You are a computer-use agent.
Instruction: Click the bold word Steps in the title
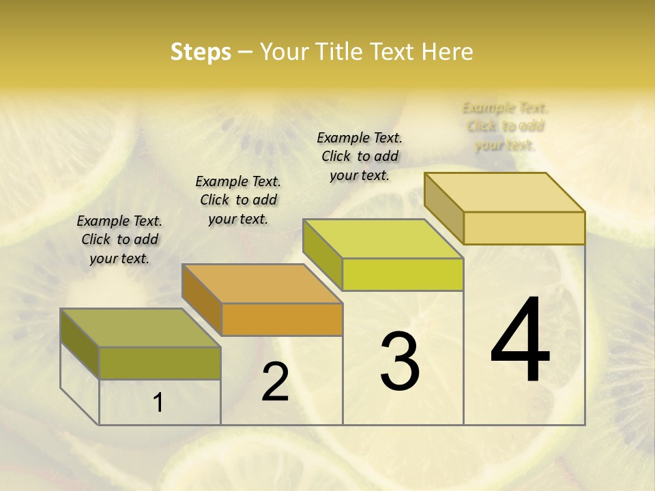coord(201,52)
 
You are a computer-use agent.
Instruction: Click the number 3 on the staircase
coord(400,361)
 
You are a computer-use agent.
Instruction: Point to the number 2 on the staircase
coord(275,382)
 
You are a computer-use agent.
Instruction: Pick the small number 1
coord(158,403)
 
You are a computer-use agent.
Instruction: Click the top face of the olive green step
coord(140,328)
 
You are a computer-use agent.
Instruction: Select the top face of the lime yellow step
coord(383,239)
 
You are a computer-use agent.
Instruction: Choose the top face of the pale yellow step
coord(504,192)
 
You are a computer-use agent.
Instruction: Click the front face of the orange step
coord(282,319)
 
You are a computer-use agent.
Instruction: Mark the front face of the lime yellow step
coord(403,274)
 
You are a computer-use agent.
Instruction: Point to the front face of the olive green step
coord(160,363)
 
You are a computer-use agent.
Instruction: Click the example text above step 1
coord(119,239)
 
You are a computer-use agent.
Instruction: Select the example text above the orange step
coord(238,200)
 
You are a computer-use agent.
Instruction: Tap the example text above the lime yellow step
coord(360,156)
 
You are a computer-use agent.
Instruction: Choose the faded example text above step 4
coord(505,126)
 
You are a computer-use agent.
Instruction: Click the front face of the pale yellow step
coord(524,228)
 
